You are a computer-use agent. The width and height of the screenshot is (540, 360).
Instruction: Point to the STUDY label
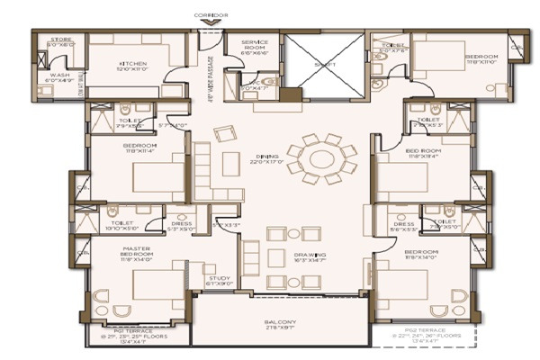220,280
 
